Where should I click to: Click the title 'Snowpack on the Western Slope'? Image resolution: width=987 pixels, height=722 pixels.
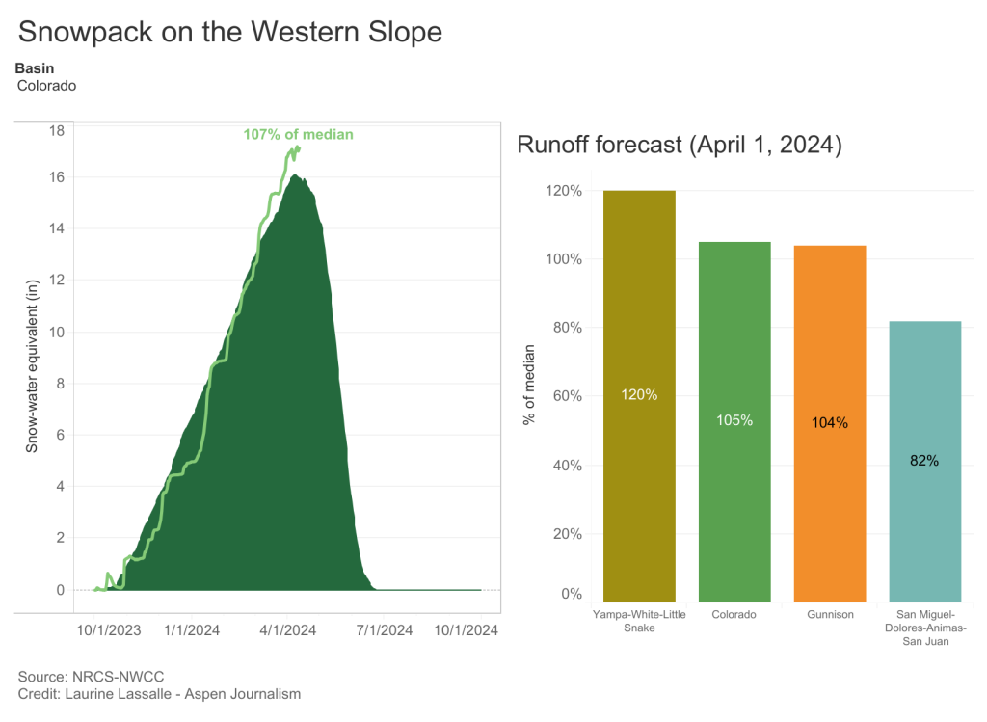point(229,31)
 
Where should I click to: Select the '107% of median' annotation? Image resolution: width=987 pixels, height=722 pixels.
point(298,135)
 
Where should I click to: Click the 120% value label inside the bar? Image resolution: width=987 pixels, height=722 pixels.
point(639,394)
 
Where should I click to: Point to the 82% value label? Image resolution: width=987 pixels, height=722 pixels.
point(923,461)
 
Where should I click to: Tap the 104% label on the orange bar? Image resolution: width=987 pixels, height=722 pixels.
point(830,422)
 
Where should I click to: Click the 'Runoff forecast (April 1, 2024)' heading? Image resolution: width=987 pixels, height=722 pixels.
point(680,146)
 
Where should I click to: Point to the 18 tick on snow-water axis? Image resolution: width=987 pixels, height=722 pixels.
point(57,131)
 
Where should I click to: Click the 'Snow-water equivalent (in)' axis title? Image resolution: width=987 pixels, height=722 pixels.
point(32,366)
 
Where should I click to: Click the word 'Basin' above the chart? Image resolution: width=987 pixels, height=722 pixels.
point(35,68)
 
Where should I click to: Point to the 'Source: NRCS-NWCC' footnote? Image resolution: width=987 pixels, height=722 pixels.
point(85,677)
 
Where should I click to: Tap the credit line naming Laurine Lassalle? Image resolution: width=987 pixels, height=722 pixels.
point(159,694)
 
